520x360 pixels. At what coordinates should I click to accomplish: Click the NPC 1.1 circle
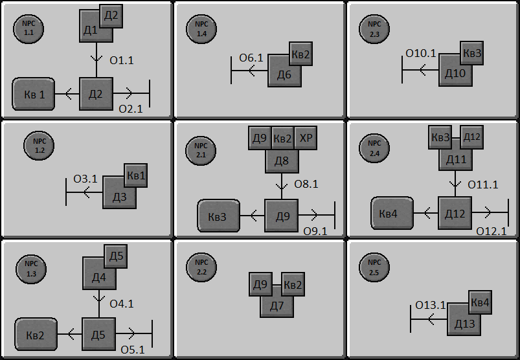(x=28, y=28)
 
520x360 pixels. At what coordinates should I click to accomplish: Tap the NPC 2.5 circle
(x=375, y=266)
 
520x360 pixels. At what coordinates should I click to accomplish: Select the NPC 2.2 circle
(x=201, y=266)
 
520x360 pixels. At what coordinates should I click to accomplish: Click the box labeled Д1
(x=91, y=30)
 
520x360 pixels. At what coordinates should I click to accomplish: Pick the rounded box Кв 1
(x=34, y=95)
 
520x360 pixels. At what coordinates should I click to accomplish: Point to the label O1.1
(x=122, y=60)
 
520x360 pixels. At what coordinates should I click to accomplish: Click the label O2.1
(x=130, y=108)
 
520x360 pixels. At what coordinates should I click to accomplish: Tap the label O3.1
(x=85, y=179)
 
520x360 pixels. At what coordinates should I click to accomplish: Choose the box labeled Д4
(x=97, y=277)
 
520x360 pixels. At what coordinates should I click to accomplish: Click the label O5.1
(x=132, y=350)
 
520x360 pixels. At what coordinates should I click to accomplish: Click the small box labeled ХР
(x=306, y=139)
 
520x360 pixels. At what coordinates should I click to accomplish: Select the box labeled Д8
(x=282, y=159)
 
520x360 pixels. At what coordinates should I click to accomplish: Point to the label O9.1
(x=315, y=231)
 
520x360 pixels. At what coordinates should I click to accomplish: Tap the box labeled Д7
(x=277, y=304)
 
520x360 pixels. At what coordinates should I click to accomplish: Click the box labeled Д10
(x=455, y=73)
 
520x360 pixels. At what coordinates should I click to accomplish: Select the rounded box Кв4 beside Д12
(x=391, y=213)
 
